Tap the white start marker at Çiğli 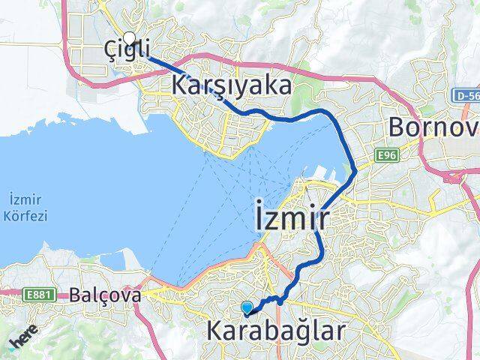pyautogui.click(x=129, y=38)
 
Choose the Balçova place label pyautogui.click(x=106, y=295)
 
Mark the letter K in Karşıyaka pyautogui.click(x=181, y=85)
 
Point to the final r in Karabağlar pyautogui.click(x=341, y=331)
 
